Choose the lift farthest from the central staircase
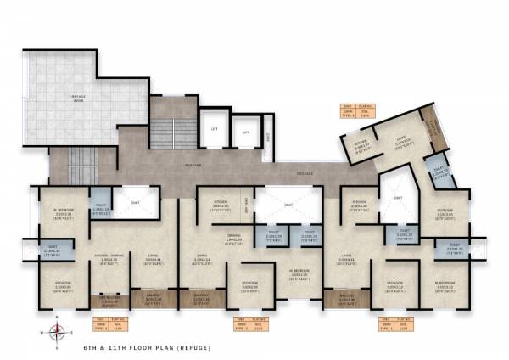click(246, 132)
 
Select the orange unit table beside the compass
click(109, 323)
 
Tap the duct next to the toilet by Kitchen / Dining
click(136, 201)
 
